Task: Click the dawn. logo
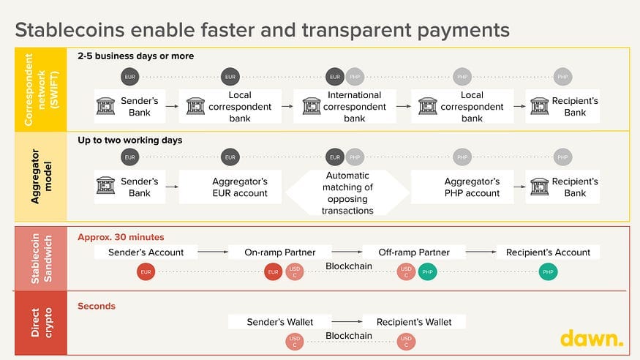pyautogui.click(x=592, y=338)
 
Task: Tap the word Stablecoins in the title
pyautogui.click(x=69, y=30)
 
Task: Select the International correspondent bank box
pyautogui.click(x=345, y=106)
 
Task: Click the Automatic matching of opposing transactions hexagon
pyautogui.click(x=347, y=192)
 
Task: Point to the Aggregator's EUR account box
pyautogui.click(x=230, y=187)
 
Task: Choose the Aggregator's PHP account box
pyautogui.click(x=462, y=187)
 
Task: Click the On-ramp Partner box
pyautogui.click(x=280, y=252)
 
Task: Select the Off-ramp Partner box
pyautogui.click(x=414, y=252)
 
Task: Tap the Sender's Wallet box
pyautogui.click(x=280, y=322)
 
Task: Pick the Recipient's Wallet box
pyautogui.click(x=414, y=322)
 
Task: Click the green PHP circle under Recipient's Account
pyautogui.click(x=548, y=272)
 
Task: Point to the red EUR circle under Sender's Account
pyautogui.click(x=146, y=272)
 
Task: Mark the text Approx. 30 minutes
pyautogui.click(x=121, y=237)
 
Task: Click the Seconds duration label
pyautogui.click(x=97, y=306)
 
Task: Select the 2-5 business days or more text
pyautogui.click(x=135, y=56)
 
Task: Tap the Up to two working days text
pyautogui.click(x=129, y=140)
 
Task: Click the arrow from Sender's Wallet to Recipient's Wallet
pyautogui.click(x=347, y=322)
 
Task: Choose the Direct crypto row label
pyautogui.click(x=41, y=323)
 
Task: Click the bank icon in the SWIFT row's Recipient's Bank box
pyautogui.click(x=540, y=106)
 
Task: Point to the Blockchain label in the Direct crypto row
pyautogui.click(x=349, y=336)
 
